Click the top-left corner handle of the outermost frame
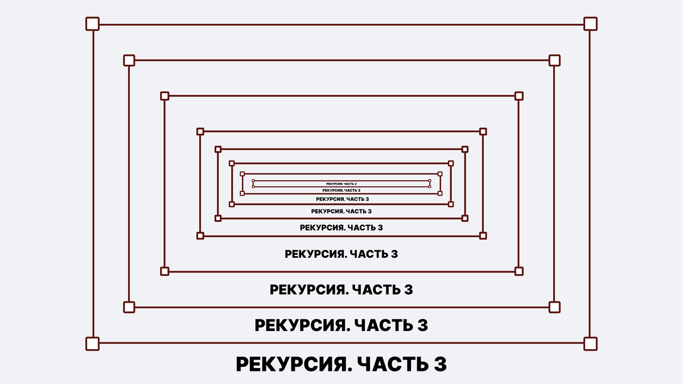[92, 24]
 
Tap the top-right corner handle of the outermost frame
[590, 24]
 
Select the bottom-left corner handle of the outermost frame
[92, 344]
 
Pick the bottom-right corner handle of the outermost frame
[590, 344]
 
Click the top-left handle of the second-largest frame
[129, 60]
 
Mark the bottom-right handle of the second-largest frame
[554, 307]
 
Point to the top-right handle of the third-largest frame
[519, 96]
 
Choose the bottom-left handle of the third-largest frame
[164, 271]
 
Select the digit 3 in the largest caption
[440, 365]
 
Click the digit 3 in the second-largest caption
[422, 326]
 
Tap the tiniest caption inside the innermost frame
[341, 184]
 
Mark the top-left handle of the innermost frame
[253, 181]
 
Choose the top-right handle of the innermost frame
[430, 181]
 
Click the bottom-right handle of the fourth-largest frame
[483, 235]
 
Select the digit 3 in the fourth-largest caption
[393, 254]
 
